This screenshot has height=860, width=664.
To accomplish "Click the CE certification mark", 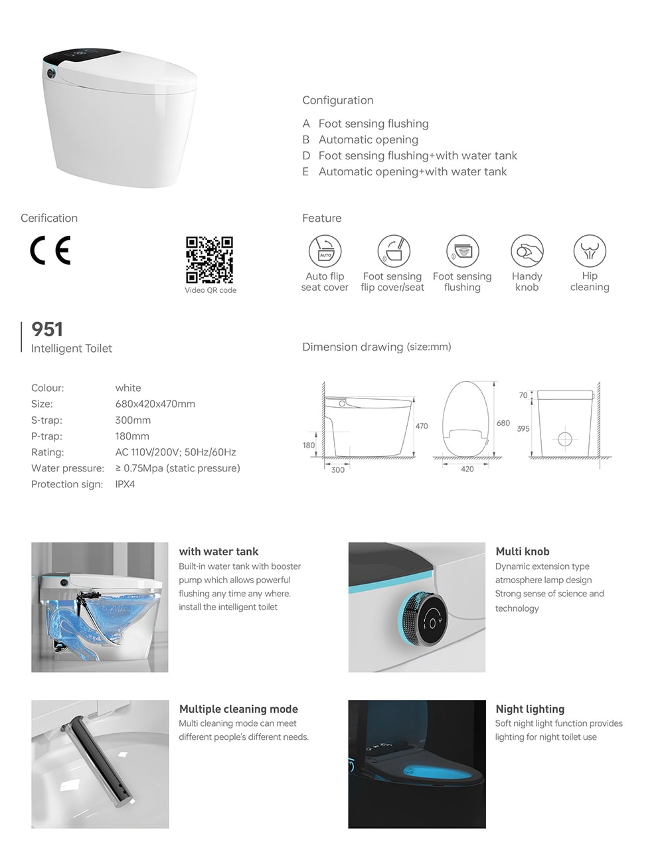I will tap(50, 251).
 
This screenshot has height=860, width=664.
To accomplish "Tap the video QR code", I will tap(209, 260).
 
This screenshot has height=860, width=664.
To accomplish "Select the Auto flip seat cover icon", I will tap(325, 252).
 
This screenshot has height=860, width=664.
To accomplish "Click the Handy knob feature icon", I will tap(527, 252).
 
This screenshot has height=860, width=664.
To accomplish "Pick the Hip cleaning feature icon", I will tap(590, 252).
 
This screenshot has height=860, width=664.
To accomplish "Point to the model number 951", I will tap(47, 329).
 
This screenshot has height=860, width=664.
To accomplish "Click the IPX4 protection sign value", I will tap(125, 484).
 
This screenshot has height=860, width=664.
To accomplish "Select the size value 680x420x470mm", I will tap(155, 404).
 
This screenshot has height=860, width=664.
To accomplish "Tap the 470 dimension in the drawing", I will tap(422, 426).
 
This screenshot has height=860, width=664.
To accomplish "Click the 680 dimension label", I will tap(503, 423).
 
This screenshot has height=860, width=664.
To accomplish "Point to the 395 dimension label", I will tap(523, 428).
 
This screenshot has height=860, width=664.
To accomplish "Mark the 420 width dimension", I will tap(467, 469).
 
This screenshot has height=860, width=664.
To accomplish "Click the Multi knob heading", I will tap(522, 551).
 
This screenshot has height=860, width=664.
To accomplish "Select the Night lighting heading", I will tap(530, 709).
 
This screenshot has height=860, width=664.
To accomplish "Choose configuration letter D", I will tap(306, 155).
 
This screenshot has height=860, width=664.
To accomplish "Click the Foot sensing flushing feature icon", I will tap(462, 252).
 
